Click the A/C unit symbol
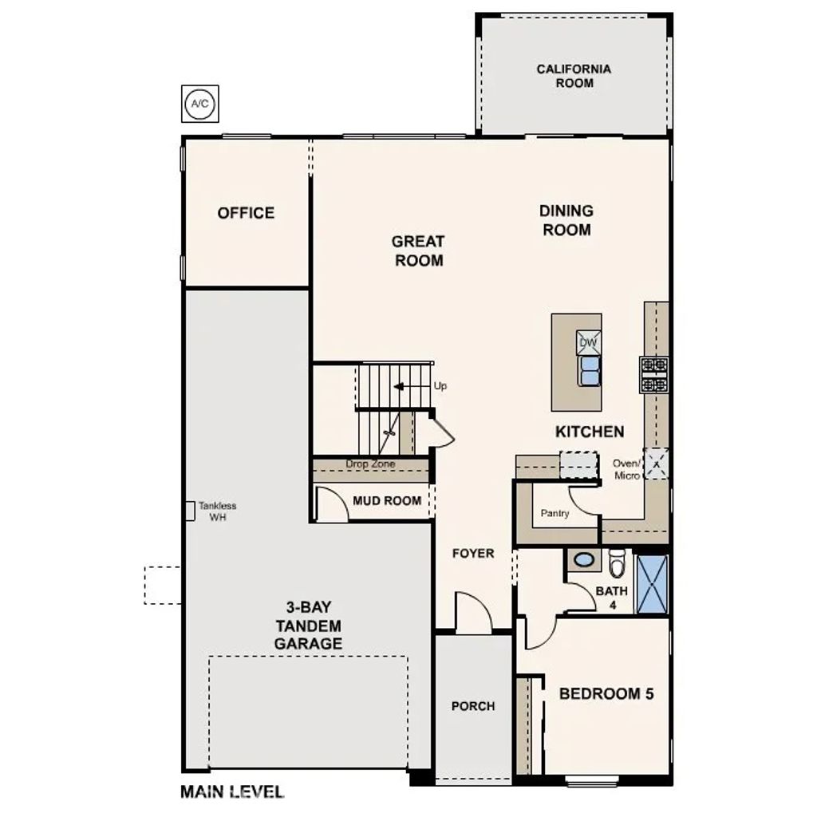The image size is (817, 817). [199, 105]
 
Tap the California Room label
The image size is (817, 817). [573, 76]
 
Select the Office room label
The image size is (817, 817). [246, 213]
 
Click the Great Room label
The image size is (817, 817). [418, 251]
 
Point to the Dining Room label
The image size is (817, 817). [566, 220]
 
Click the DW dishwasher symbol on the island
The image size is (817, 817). [588, 342]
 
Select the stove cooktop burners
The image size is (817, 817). [653, 375]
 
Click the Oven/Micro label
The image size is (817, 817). [626, 469]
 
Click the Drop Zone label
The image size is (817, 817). [370, 464]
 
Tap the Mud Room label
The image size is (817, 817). [387, 501]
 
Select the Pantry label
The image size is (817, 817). [555, 513]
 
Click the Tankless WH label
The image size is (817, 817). [217, 511]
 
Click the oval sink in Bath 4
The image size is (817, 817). [585, 560]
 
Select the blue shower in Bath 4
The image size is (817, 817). [652, 584]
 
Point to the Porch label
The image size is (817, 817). [472, 706]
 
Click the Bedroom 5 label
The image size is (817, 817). [606, 693]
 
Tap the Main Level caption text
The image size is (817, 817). [231, 792]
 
